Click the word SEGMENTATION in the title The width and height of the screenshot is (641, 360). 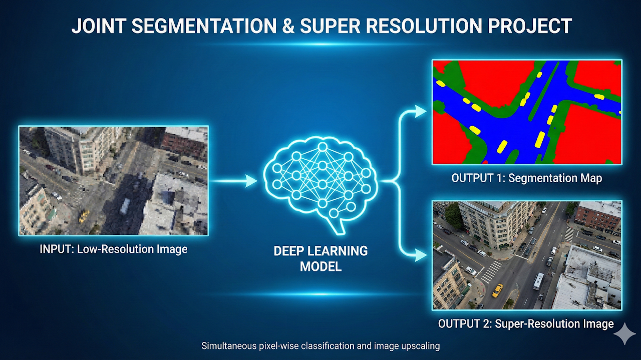point(204,26)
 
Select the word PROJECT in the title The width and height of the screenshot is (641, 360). point(529,26)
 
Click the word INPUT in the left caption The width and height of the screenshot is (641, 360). point(57,249)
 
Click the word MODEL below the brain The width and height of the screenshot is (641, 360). point(320,267)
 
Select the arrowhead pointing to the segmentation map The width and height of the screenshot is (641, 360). point(420,111)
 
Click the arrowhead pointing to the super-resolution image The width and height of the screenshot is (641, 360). point(420,255)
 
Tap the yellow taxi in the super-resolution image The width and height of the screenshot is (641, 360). point(497,290)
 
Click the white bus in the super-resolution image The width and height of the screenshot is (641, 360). point(538,281)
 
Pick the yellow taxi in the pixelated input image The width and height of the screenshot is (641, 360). point(84,216)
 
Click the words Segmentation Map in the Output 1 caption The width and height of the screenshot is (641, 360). point(555,178)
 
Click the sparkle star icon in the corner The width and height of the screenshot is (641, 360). point(624,333)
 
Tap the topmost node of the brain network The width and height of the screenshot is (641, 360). point(323,147)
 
